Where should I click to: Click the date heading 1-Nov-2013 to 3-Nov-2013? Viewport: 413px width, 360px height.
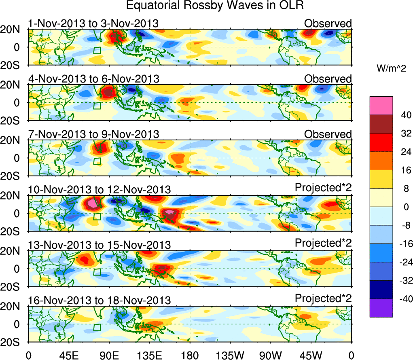click(x=93, y=23)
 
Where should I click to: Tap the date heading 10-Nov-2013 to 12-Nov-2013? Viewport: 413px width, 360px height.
click(x=99, y=189)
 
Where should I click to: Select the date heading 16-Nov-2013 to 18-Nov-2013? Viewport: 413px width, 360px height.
click(x=99, y=300)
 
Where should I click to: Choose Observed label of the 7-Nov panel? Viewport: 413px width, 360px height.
click(x=328, y=134)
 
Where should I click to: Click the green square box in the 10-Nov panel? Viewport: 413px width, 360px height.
click(x=97, y=216)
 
